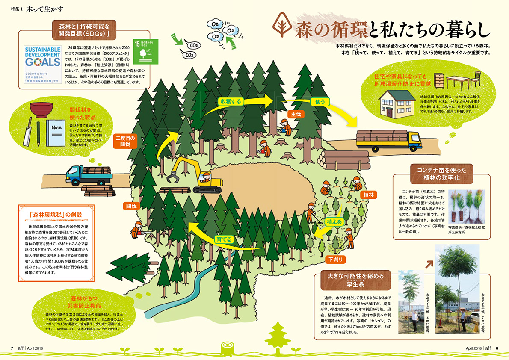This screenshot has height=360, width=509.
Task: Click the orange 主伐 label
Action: pos(296,114)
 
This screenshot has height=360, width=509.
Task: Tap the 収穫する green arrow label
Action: pos(231,101)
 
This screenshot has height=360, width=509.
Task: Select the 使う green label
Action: pos(321,102)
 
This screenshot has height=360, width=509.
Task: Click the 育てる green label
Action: pos(224,239)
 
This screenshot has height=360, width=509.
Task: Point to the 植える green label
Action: pos(334,222)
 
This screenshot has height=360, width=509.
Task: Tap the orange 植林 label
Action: pos(368,195)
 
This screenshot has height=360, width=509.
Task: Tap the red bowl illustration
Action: pos(41,110)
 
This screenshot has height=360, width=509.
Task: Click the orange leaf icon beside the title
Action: pos(282,27)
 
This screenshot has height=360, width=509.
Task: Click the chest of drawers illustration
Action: pos(439,81)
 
